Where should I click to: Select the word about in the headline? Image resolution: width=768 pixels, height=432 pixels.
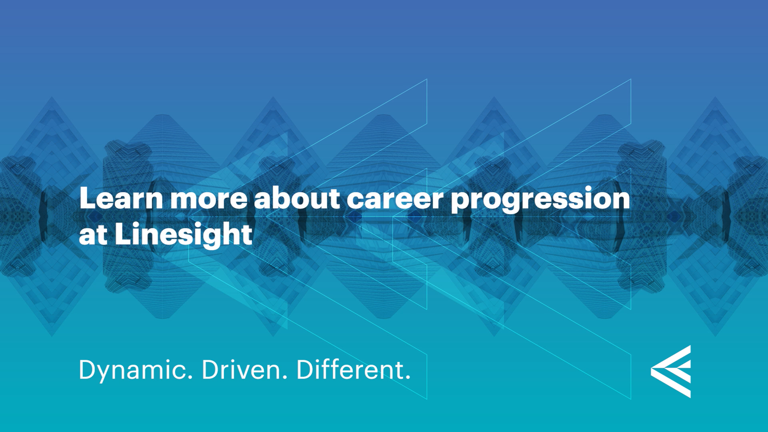pos(297,198)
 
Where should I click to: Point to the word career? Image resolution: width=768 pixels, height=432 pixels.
pos(395,199)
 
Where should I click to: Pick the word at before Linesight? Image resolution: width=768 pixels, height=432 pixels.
pos(93,235)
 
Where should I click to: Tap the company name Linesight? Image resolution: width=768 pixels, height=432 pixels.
pos(184,235)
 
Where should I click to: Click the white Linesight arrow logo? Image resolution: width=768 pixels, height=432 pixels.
pos(671,372)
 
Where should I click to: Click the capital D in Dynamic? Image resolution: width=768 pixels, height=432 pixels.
pos(88,370)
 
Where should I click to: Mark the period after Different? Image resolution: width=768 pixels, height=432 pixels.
pos(408,378)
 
